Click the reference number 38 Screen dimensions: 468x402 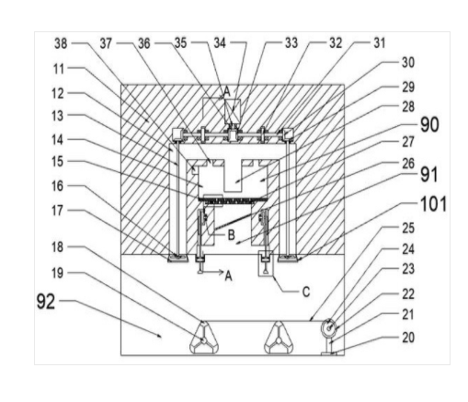click(61, 43)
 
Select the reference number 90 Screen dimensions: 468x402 click(429, 124)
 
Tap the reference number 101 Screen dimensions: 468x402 click(433, 204)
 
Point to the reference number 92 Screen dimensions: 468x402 click(46, 302)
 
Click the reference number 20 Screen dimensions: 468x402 click(408, 338)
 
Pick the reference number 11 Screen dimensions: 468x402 click(59, 69)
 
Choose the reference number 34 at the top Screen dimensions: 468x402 click(220, 43)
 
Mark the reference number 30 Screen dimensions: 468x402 click(408, 63)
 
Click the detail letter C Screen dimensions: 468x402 click(306, 292)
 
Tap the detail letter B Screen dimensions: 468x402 click(231, 235)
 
